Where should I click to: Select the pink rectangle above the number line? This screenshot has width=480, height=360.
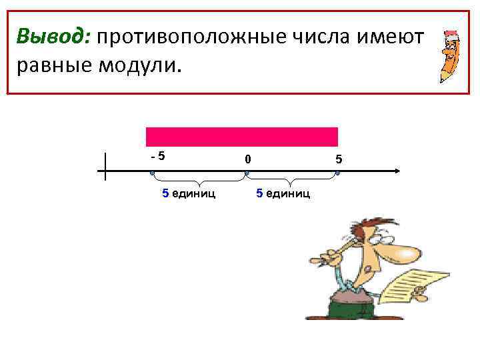(242, 137)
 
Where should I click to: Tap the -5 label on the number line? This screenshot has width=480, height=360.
(157, 157)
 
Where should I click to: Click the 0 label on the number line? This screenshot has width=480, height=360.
(247, 159)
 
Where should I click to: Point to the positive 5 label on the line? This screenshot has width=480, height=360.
(339, 159)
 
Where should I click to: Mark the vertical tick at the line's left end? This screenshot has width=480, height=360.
(105, 167)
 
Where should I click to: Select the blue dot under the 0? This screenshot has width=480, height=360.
(247, 173)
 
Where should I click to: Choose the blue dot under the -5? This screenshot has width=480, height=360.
(152, 173)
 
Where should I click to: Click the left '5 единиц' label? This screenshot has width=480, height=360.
(189, 194)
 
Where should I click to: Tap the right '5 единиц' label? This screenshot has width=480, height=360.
(283, 194)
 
